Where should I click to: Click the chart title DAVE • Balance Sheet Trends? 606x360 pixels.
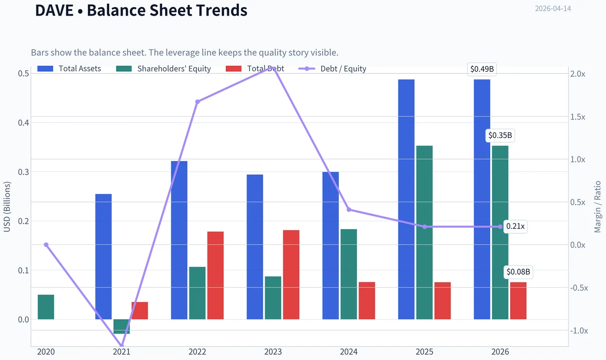[x=141, y=10]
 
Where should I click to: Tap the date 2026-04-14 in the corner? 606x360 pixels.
[x=553, y=9]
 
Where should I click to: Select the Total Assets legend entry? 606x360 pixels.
[x=69, y=69]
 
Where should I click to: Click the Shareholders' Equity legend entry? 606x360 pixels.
[x=164, y=69]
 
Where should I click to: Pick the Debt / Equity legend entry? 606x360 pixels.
[x=332, y=69]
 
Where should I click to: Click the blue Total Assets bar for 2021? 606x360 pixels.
[x=104, y=256]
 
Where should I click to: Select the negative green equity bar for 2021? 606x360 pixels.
[x=122, y=327]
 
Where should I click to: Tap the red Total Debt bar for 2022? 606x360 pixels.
[x=215, y=275]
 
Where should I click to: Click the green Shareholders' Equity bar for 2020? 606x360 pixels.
[x=46, y=307]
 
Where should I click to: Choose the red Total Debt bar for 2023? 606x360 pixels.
[x=291, y=275]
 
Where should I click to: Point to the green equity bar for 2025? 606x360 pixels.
[x=424, y=233]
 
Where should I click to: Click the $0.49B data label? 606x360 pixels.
[x=482, y=69]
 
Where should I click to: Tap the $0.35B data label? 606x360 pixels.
[x=500, y=135]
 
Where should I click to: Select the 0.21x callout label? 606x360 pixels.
[x=515, y=226]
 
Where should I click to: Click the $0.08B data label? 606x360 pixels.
[x=518, y=272]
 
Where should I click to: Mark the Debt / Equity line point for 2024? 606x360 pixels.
[x=349, y=210]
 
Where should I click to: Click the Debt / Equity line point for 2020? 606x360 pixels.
[x=46, y=245]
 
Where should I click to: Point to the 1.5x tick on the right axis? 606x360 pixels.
[x=578, y=117]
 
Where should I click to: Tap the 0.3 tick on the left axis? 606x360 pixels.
[x=24, y=172]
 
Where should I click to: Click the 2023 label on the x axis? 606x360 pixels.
[x=273, y=352]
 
